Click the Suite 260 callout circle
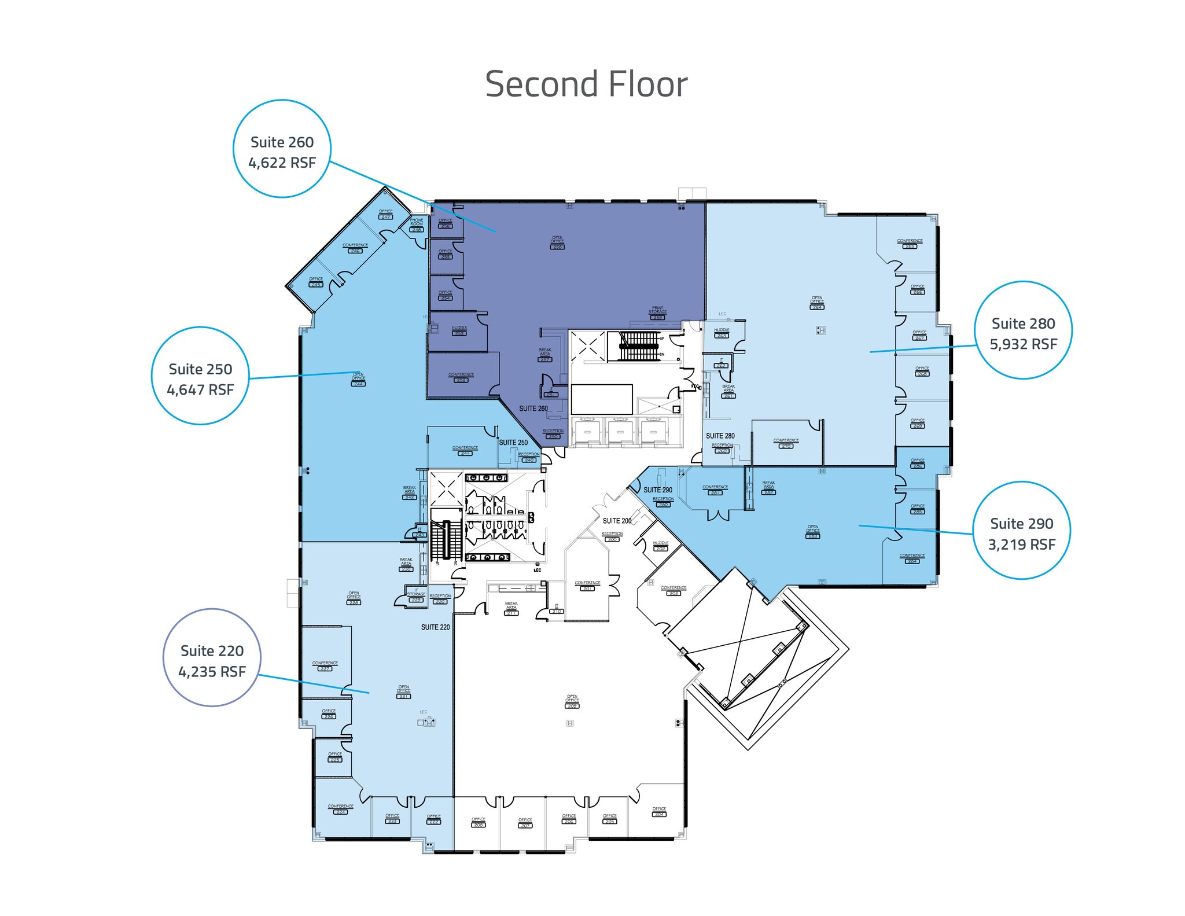coord(282,149)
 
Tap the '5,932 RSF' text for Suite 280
coord(1023,344)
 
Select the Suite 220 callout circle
coord(212,657)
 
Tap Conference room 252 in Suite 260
coord(461,377)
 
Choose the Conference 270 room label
coord(786,443)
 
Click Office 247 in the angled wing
coord(385,214)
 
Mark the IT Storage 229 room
coord(415,596)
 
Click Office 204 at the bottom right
coord(658,811)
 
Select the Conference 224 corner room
coord(340,809)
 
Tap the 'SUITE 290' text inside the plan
coord(658,490)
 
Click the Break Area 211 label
coord(511,608)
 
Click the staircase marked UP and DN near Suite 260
coord(639,345)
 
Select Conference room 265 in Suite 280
coord(910,243)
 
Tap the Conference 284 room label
coord(912,558)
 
